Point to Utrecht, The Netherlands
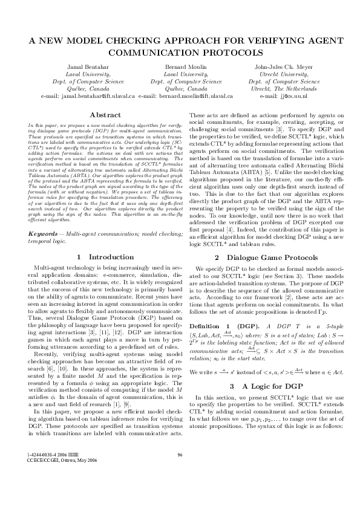(283, 89)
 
